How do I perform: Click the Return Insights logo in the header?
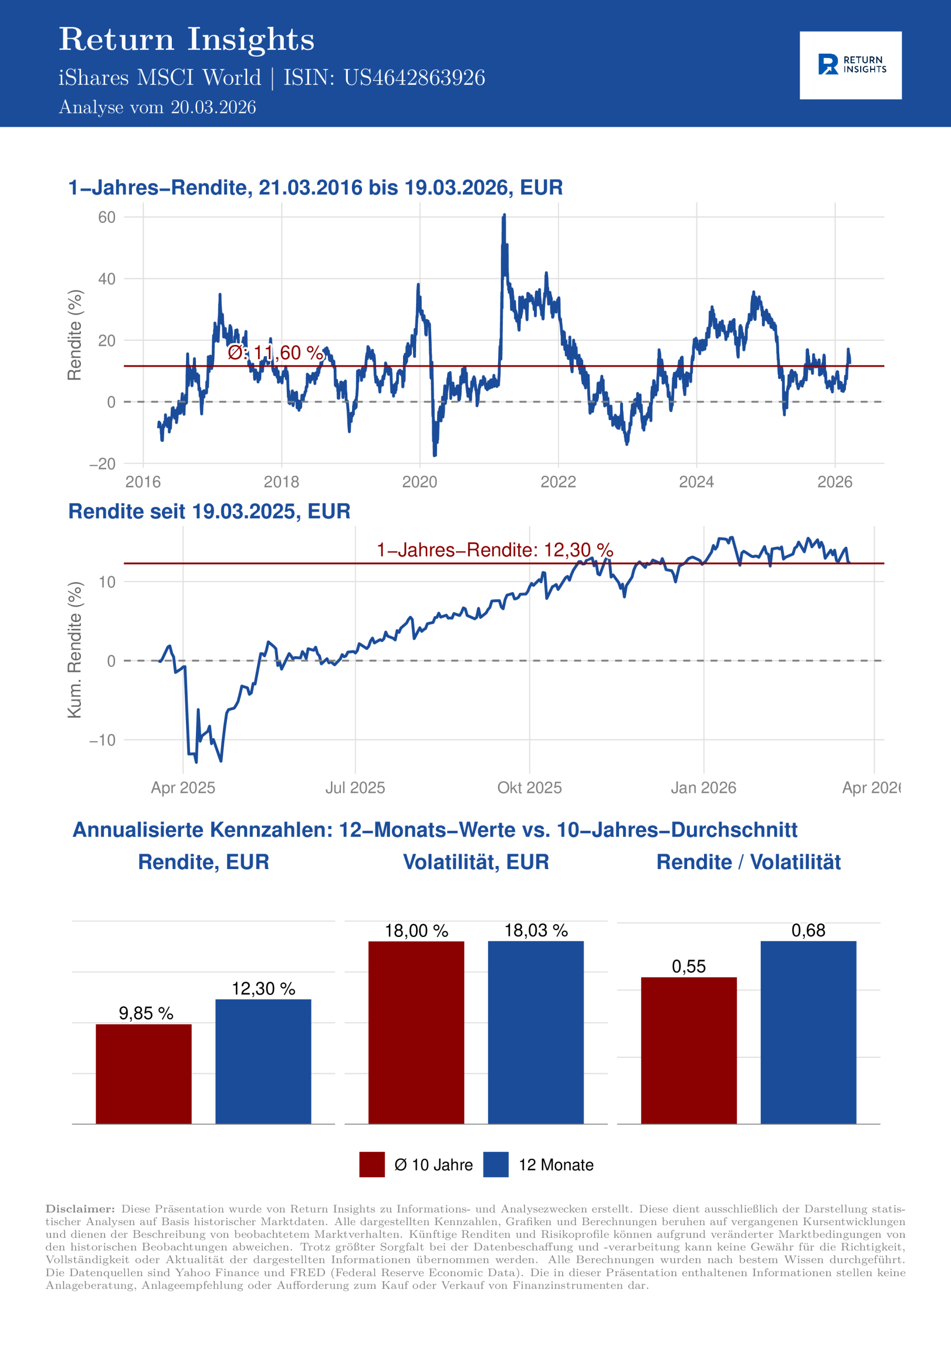(x=850, y=65)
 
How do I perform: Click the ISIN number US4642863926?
(x=414, y=78)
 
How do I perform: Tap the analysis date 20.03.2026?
(x=213, y=107)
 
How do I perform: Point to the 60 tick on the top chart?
(x=107, y=218)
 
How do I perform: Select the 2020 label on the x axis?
(x=419, y=482)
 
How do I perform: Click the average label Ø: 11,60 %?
(x=275, y=353)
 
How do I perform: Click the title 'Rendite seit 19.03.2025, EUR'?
(x=209, y=511)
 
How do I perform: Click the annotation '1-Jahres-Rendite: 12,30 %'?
(x=494, y=550)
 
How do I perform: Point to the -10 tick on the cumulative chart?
(x=102, y=740)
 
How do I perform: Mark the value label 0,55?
(x=688, y=966)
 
